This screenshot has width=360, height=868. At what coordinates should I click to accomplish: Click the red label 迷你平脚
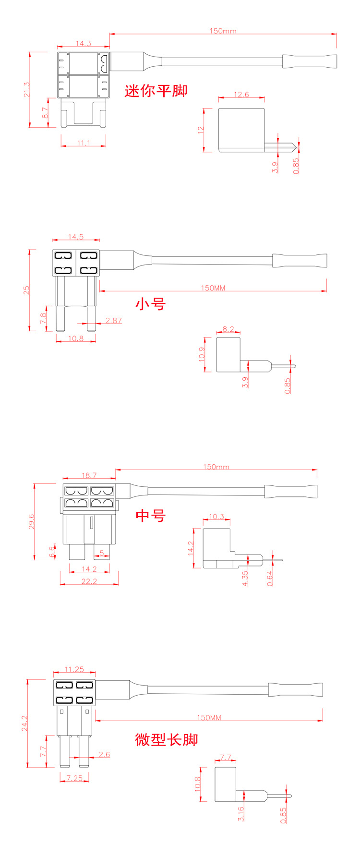156,91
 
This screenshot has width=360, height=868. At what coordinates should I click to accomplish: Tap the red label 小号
151,303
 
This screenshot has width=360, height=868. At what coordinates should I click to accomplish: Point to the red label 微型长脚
167,739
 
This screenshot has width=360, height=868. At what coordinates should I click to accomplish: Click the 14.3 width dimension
83,43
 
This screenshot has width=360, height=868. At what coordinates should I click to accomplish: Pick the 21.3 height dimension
27,89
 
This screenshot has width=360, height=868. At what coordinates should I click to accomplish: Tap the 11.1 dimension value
84,143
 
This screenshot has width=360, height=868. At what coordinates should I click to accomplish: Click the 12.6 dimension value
241,95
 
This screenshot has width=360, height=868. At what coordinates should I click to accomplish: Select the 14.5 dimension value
76,237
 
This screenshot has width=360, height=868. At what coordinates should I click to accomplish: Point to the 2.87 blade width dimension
114,320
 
